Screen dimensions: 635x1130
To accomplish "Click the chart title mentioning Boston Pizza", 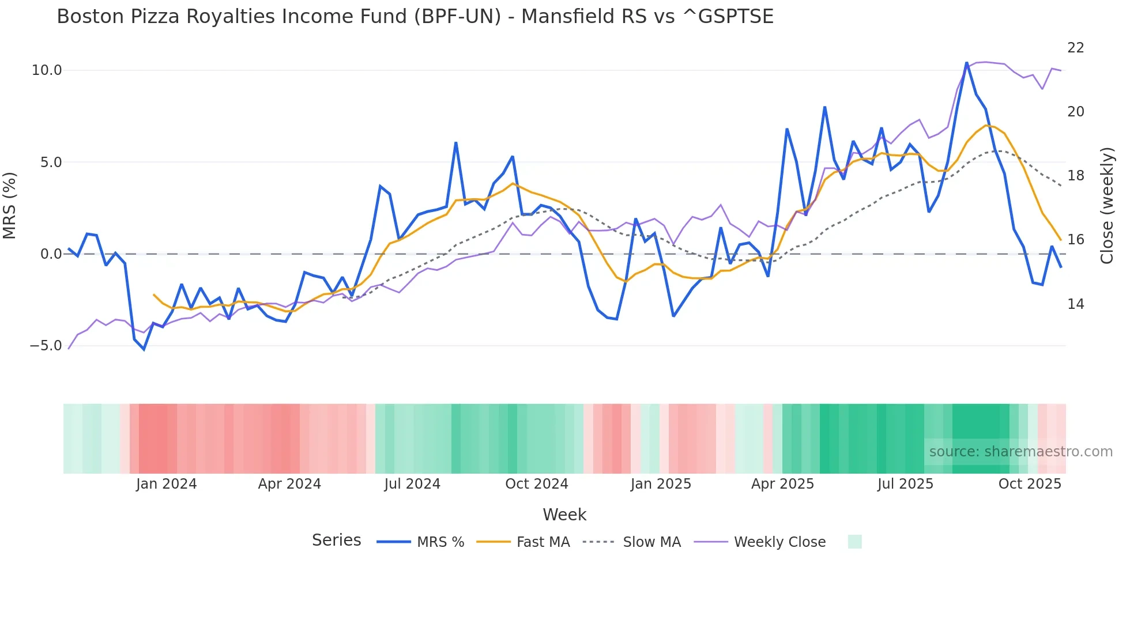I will click(415, 17).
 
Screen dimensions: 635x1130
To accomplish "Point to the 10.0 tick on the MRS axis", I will click(47, 70).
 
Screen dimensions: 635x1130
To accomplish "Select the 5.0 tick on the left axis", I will click(51, 162).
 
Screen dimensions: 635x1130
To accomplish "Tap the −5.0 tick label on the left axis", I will click(46, 346).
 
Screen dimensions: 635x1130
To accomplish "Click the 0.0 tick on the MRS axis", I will click(51, 254).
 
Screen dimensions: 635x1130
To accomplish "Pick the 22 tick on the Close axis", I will click(1076, 48).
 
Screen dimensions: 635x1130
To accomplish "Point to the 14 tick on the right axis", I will click(1076, 304).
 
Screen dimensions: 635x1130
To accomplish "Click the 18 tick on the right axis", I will click(1076, 176).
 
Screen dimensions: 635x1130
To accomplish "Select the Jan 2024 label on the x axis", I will click(166, 484).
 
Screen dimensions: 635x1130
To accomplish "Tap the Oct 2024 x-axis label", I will click(537, 484).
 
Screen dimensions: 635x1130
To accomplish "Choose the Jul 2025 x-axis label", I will click(905, 484).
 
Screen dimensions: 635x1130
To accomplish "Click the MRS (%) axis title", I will click(9, 205).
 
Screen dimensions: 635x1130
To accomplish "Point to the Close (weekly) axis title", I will click(1107, 205).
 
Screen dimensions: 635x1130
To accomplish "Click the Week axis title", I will click(564, 515).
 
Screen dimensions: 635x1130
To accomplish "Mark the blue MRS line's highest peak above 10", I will click(967, 63).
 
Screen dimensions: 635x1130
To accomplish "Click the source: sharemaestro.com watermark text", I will click(1020, 452).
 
